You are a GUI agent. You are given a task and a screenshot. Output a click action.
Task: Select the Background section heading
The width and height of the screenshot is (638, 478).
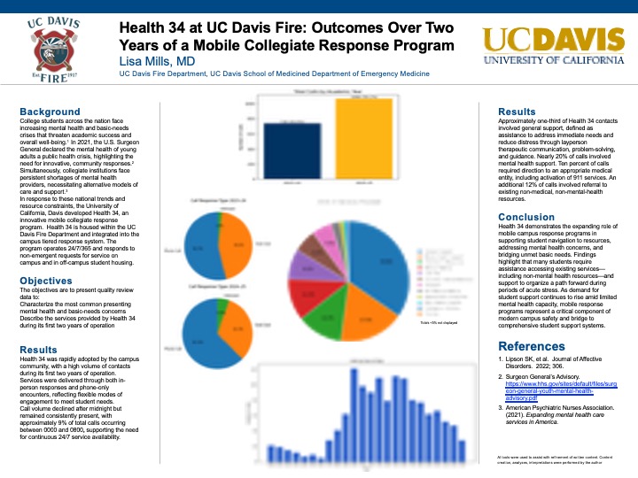point(51,112)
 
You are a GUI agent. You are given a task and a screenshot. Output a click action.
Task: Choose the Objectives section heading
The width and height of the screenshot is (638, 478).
point(52,281)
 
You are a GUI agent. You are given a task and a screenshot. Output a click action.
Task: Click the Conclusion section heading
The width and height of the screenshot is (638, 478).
point(526,217)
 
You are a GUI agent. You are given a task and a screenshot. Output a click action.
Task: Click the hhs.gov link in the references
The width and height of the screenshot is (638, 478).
point(557,386)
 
